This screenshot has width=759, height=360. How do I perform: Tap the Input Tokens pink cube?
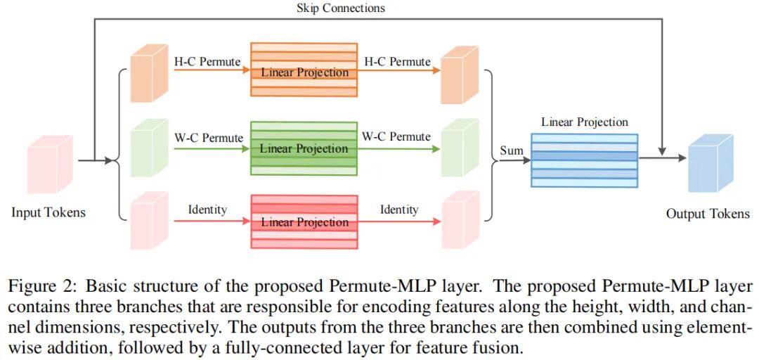click(49, 167)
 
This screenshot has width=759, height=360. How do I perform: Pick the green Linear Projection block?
click(304, 148)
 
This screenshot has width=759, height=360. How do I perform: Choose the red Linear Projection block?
click(304, 221)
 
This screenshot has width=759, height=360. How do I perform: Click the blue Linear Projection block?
click(584, 160)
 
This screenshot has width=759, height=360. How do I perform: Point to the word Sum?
click(512, 150)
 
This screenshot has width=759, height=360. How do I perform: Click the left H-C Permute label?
click(207, 62)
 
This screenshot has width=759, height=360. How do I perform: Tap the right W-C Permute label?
click(396, 136)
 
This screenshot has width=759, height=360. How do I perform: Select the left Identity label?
click(207, 210)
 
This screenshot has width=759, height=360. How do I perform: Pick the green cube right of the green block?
click(460, 149)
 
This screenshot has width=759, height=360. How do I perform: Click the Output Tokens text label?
click(708, 213)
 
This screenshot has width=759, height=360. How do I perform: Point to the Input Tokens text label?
click(48, 212)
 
